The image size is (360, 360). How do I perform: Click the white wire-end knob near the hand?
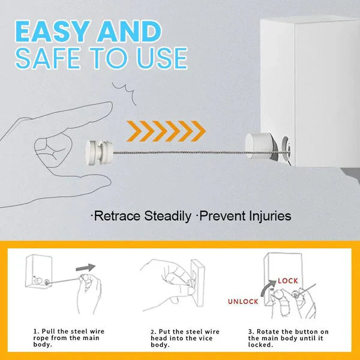coord(99,152)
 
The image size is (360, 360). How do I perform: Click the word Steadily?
coord(167,216)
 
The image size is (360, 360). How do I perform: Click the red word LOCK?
coord(288,281)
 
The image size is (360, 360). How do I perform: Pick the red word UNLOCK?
coord(243,301)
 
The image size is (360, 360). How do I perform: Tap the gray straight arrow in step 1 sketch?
coord(85,268)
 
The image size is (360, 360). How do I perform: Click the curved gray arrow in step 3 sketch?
coord(267,287)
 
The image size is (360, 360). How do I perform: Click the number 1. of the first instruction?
coord(37,332)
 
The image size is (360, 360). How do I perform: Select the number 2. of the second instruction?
coord(154,332)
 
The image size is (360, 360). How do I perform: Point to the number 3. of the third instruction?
coord(251,332)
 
